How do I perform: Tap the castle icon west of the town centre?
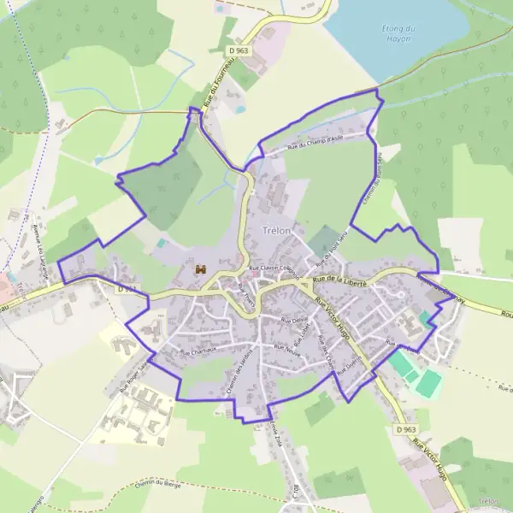pos(201,270)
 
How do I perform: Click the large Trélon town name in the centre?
pos(271,232)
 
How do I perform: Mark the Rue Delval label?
pos(293,320)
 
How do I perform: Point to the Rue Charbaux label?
pos(199,350)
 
